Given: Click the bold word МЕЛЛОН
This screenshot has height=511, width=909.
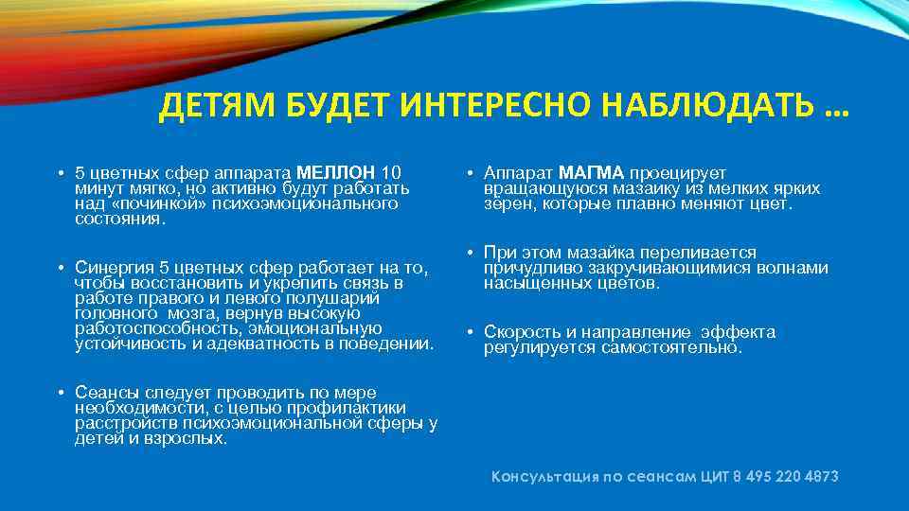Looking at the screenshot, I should pos(336,173).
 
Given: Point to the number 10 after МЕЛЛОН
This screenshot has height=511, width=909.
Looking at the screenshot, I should pos(391,173).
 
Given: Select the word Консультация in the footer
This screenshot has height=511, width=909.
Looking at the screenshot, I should pos(544,477).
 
